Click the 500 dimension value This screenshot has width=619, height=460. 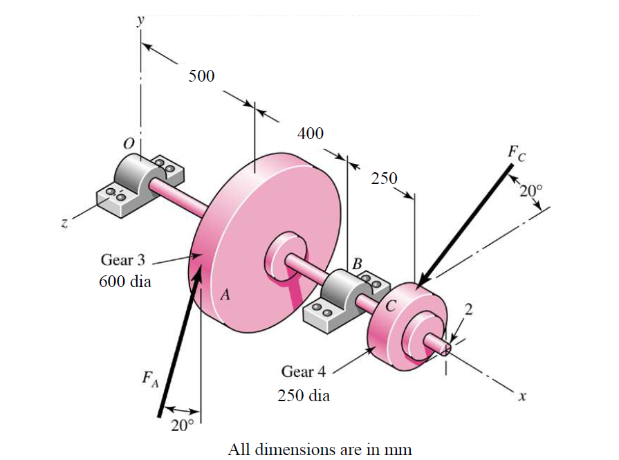[x=202, y=76]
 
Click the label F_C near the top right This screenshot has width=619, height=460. [x=517, y=154]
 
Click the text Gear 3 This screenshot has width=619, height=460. [x=124, y=261]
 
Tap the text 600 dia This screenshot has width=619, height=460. [x=124, y=283]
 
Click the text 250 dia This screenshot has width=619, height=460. [x=303, y=396]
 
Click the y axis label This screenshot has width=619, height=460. [x=141, y=20]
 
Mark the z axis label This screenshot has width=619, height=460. [x=63, y=223]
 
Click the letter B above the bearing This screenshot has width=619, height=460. [x=357, y=264]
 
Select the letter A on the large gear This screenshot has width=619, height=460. [x=225, y=295]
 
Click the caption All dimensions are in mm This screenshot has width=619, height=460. [x=320, y=449]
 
